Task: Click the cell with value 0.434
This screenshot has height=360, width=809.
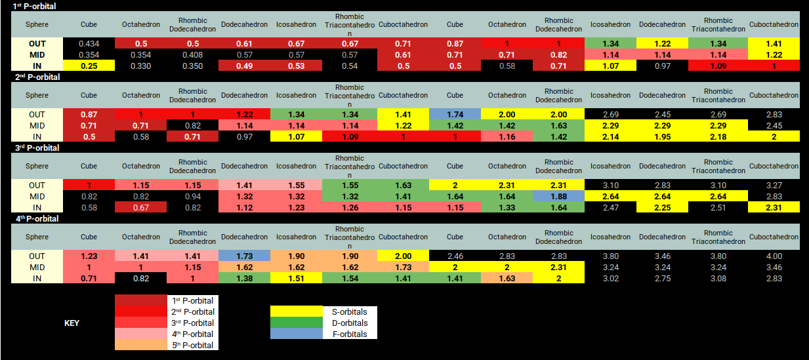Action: coord(89,43)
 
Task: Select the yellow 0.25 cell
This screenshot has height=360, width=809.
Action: coord(89,66)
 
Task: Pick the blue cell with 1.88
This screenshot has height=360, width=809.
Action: coord(558,196)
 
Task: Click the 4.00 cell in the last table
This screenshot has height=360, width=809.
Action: coord(774,256)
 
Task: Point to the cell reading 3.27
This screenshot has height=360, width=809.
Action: coord(774,185)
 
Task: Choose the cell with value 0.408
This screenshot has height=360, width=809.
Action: coord(192,54)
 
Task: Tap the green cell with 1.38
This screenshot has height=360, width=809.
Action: coord(244,278)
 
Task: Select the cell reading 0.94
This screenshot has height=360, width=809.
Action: coord(192,196)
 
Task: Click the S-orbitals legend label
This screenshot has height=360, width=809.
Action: coord(345,311)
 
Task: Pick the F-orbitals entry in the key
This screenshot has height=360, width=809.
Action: coord(345,334)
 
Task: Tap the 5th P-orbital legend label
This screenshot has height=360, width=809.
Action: coord(192,345)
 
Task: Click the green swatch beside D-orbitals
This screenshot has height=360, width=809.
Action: coord(296,323)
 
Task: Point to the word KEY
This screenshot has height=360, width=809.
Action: coord(72,323)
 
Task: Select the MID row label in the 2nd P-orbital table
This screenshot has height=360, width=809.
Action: coord(37,125)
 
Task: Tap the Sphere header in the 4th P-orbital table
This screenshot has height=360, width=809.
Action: coord(37,237)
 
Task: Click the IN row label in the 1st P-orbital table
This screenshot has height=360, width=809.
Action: coord(37,66)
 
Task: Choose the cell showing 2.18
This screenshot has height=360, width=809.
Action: coord(718,136)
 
